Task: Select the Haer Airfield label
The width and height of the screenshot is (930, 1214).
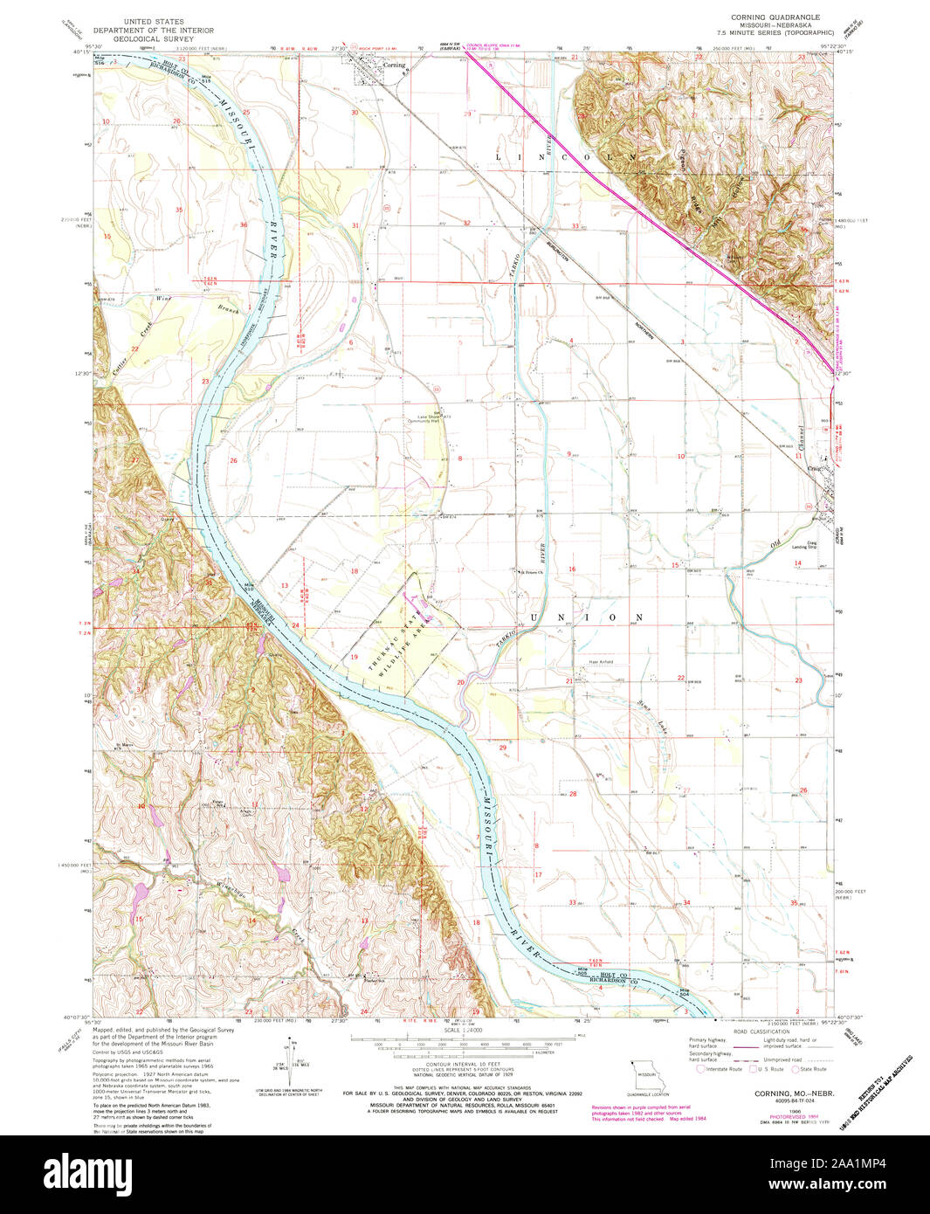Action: click(600, 662)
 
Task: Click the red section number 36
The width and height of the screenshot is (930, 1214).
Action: click(244, 225)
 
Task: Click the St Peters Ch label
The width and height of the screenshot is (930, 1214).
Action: click(532, 574)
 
